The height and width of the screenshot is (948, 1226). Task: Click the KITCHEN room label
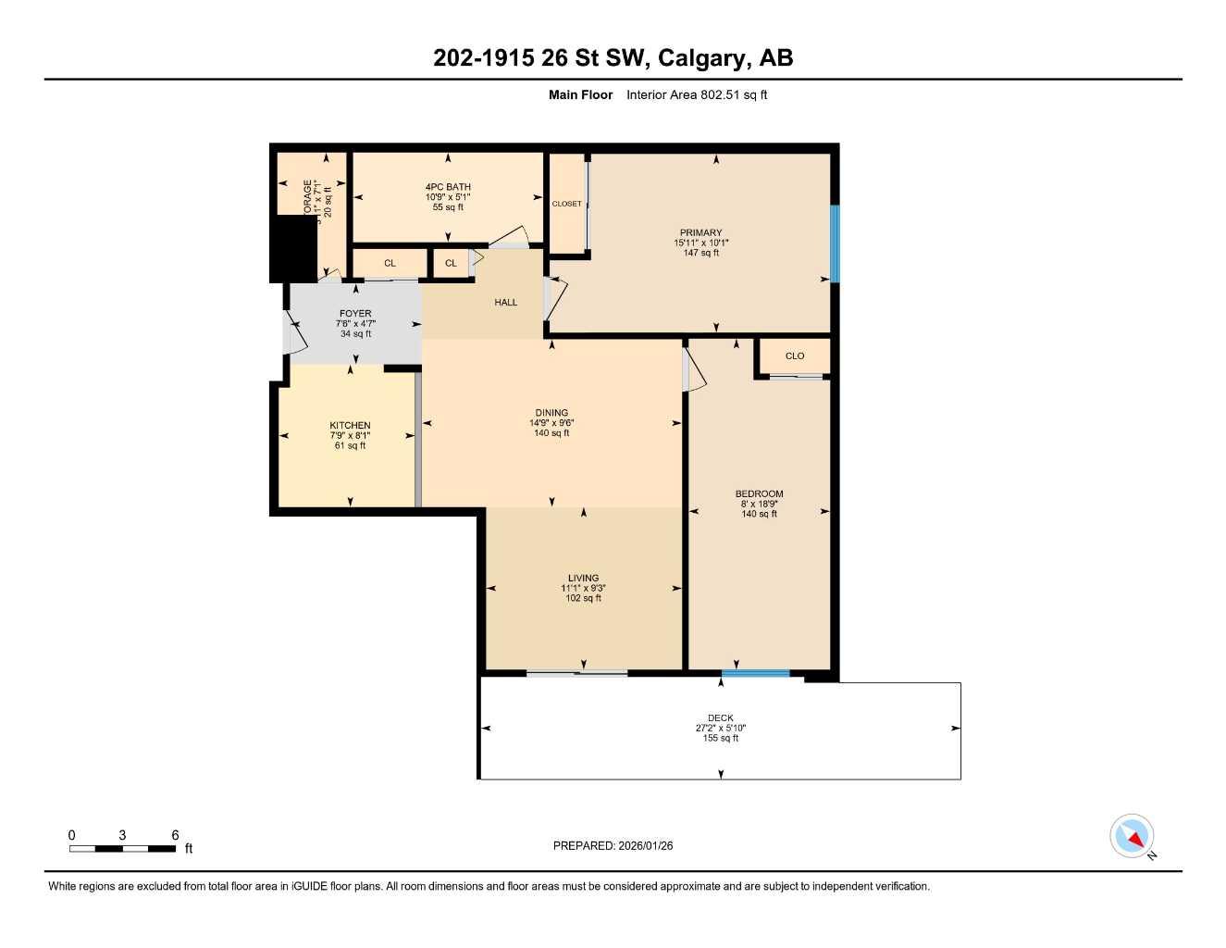(350, 426)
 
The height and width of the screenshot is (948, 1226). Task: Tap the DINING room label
(551, 413)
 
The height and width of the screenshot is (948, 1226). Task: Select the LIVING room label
(583, 579)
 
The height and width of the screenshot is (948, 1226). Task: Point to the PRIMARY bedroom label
(700, 233)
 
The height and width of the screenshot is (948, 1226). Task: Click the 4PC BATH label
(448, 187)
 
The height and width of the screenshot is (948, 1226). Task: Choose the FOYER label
(355, 314)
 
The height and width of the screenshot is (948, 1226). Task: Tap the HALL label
(505, 303)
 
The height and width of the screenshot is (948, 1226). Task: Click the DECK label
(720, 718)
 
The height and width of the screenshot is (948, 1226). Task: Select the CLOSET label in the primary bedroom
(566, 204)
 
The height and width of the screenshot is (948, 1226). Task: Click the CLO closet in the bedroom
(795, 356)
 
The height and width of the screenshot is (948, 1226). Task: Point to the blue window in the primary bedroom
(834, 243)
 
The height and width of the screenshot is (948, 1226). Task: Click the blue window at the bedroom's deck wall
(755, 674)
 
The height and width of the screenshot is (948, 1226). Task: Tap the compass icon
(1132, 836)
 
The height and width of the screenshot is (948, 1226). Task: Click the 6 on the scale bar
(175, 835)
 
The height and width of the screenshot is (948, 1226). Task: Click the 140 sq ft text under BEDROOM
(759, 514)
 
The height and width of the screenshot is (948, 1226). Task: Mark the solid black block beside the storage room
(293, 248)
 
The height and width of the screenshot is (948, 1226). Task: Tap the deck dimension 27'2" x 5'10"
(720, 729)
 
